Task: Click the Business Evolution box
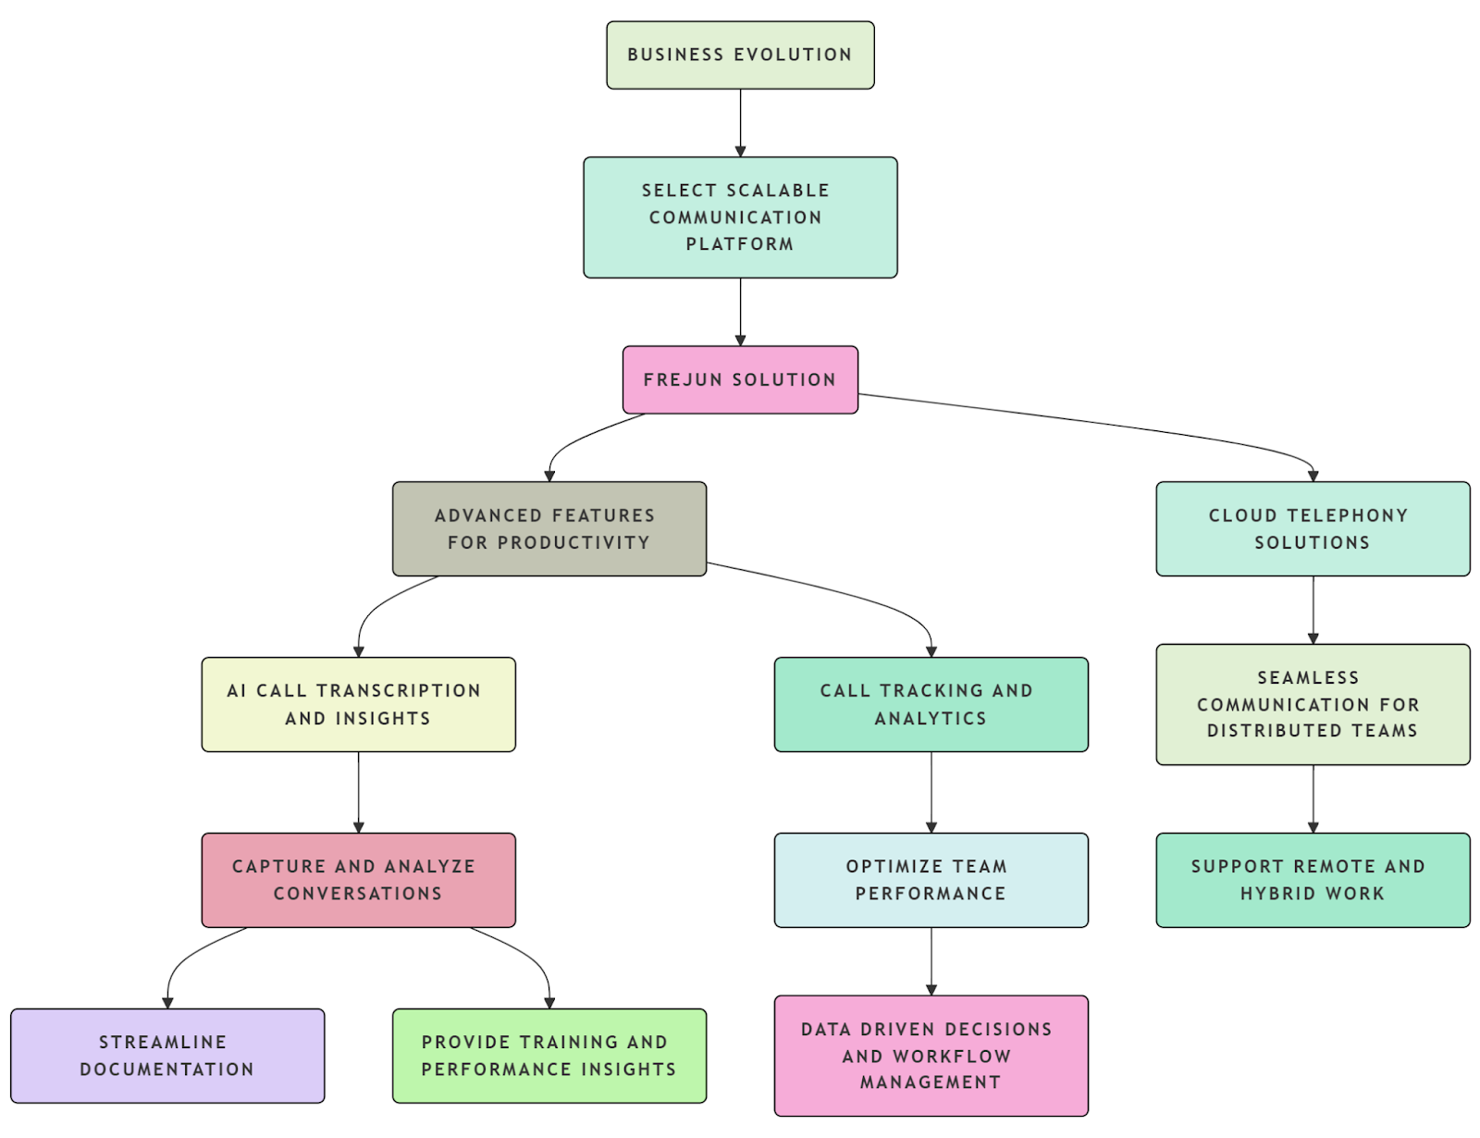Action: pos(740,56)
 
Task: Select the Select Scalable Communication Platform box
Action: pos(740,217)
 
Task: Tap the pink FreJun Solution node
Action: pos(740,380)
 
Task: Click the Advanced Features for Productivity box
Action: pos(549,529)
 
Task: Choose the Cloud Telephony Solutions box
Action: pos(1313,529)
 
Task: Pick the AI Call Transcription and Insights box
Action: pos(359,705)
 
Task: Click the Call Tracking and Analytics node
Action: pos(931,705)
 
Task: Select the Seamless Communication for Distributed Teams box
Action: pos(1313,705)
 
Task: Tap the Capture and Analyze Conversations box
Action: pos(359,881)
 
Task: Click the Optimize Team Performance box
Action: pos(931,881)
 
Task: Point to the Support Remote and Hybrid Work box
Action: pos(1313,881)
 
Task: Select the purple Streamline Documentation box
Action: pos(167,1057)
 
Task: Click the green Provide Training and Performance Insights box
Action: pos(549,1057)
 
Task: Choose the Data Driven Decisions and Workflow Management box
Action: pos(931,1057)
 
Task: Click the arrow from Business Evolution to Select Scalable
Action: pos(740,123)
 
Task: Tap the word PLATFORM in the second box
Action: pos(739,244)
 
